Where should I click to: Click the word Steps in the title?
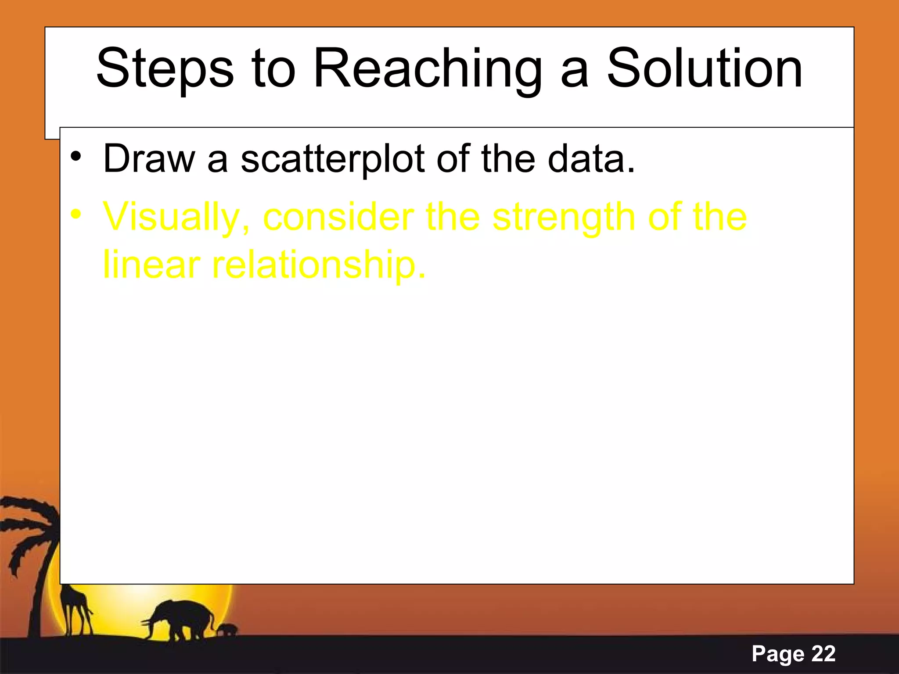[x=165, y=69]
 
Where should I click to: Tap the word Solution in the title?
[x=704, y=69]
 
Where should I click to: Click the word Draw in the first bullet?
[x=148, y=159]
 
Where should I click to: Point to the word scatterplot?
[x=333, y=159]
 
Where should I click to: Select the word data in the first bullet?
[x=590, y=159]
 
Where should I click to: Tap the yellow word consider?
[x=338, y=217]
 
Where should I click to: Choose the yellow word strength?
[x=563, y=218]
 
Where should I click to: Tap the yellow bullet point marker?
[x=76, y=215]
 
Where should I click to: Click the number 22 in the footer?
[x=823, y=654]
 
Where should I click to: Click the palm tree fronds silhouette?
[x=26, y=527]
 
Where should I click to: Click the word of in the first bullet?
[x=454, y=159]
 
